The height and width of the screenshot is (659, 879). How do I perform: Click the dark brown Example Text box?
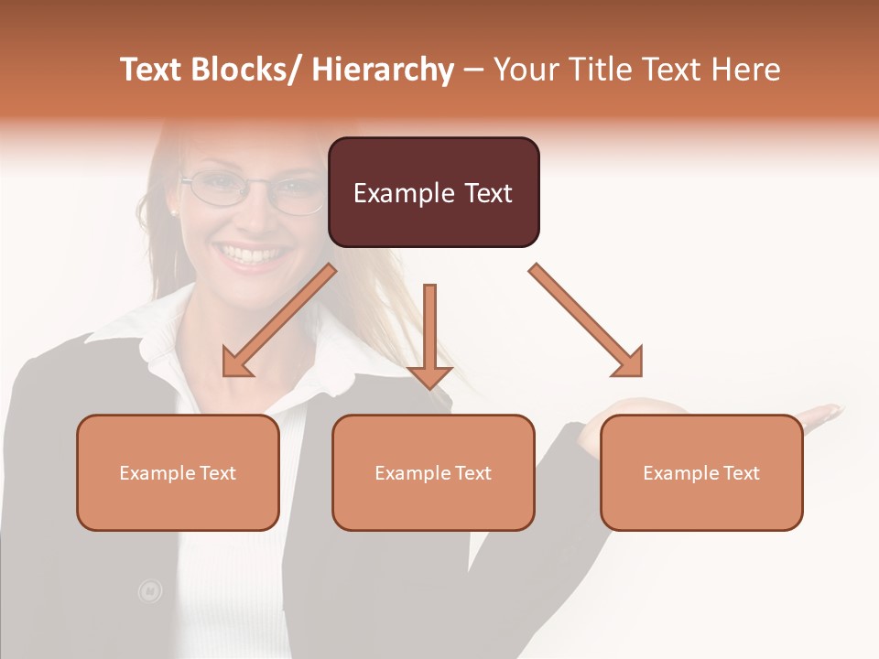click(x=433, y=192)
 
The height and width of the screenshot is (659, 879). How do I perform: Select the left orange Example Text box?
click(x=178, y=472)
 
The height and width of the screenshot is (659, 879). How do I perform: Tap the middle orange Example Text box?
click(x=433, y=472)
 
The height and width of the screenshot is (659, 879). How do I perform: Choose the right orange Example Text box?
click(x=701, y=472)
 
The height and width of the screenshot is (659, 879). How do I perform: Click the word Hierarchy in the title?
click(x=383, y=70)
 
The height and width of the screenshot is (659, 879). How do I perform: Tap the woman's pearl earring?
click(x=172, y=213)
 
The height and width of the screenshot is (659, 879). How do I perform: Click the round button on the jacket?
click(x=149, y=591)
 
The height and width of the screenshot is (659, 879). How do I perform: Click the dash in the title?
click(x=473, y=70)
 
